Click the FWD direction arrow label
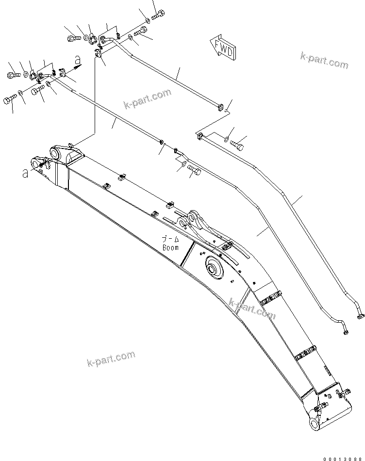(x=223, y=46)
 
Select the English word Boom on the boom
(x=170, y=247)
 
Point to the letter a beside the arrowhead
(x=78, y=60)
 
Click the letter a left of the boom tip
(x=25, y=173)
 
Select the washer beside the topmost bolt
(x=148, y=20)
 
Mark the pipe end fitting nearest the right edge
(x=360, y=316)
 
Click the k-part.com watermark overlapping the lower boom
(x=252, y=309)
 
